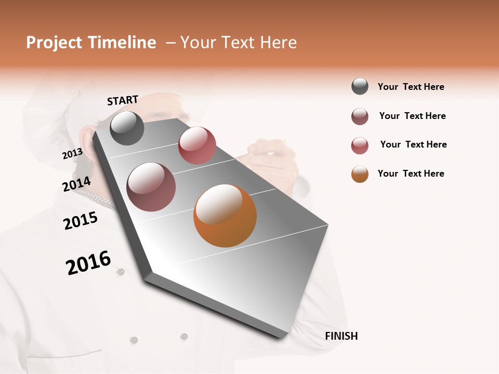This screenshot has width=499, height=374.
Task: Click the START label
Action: coord(123,100)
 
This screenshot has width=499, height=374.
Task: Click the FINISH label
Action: coord(341,336)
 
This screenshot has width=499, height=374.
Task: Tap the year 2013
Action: coord(72,154)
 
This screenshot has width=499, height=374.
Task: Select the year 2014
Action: coord(76,184)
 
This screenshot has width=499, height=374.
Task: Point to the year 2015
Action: coord(81,221)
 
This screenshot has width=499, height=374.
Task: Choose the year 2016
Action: coord(88,263)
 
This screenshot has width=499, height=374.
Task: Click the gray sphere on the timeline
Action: coord(127,128)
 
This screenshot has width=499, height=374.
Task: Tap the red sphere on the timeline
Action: coord(197,145)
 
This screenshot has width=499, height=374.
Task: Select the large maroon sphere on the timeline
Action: coord(151,186)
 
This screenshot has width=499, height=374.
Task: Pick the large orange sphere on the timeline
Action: coord(225,216)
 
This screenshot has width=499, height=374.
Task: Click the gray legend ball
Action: coord(360,87)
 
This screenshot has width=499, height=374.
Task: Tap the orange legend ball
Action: coord(360,174)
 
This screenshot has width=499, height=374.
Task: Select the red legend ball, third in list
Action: coord(360,145)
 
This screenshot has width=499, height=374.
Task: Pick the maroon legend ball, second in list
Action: coord(360,116)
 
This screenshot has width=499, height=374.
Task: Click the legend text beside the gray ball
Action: coord(411,87)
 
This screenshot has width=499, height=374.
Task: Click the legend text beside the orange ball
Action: coord(411,173)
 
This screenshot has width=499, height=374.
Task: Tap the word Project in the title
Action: coord(55,43)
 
